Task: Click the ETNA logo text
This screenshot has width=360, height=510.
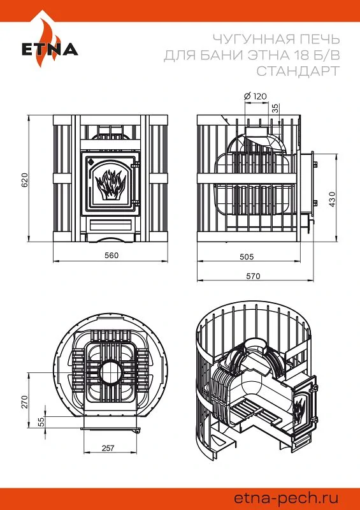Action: [50, 50]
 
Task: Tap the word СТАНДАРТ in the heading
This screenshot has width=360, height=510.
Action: [298, 71]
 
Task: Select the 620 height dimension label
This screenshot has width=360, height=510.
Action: [25, 180]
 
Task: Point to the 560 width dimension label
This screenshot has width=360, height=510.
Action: [112, 256]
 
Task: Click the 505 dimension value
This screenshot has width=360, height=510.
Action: [247, 257]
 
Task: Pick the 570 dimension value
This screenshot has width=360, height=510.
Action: [253, 276]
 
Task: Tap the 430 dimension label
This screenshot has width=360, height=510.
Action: [332, 199]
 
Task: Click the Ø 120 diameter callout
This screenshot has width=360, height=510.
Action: [255, 96]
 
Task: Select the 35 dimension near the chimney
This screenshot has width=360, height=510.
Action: [275, 108]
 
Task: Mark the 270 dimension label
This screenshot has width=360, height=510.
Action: [25, 402]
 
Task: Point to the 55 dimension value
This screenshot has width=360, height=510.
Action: [41, 422]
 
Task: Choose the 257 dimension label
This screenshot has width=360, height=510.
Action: [108, 448]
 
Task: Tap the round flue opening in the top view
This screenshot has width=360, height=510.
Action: [112, 373]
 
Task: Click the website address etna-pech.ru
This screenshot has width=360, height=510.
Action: [286, 499]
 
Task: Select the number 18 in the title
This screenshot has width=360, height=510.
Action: [294, 55]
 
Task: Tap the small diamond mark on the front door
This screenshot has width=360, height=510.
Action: [91, 161]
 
